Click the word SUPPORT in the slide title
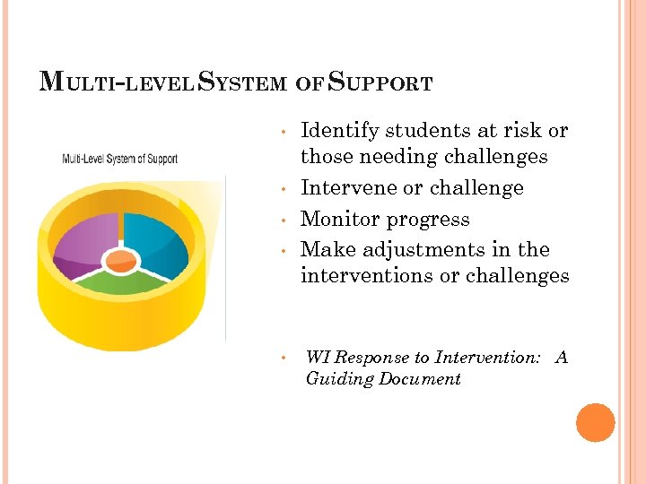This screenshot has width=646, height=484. coord(380,84)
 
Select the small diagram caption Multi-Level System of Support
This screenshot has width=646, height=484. coord(119,159)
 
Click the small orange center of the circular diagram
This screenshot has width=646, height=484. coord(121,260)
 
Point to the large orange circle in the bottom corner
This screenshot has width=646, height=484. coord(595,422)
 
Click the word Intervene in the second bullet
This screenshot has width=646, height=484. coord(345,188)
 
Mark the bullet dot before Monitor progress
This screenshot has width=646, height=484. coord(282,220)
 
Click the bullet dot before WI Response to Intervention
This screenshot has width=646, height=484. coord(282,359)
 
